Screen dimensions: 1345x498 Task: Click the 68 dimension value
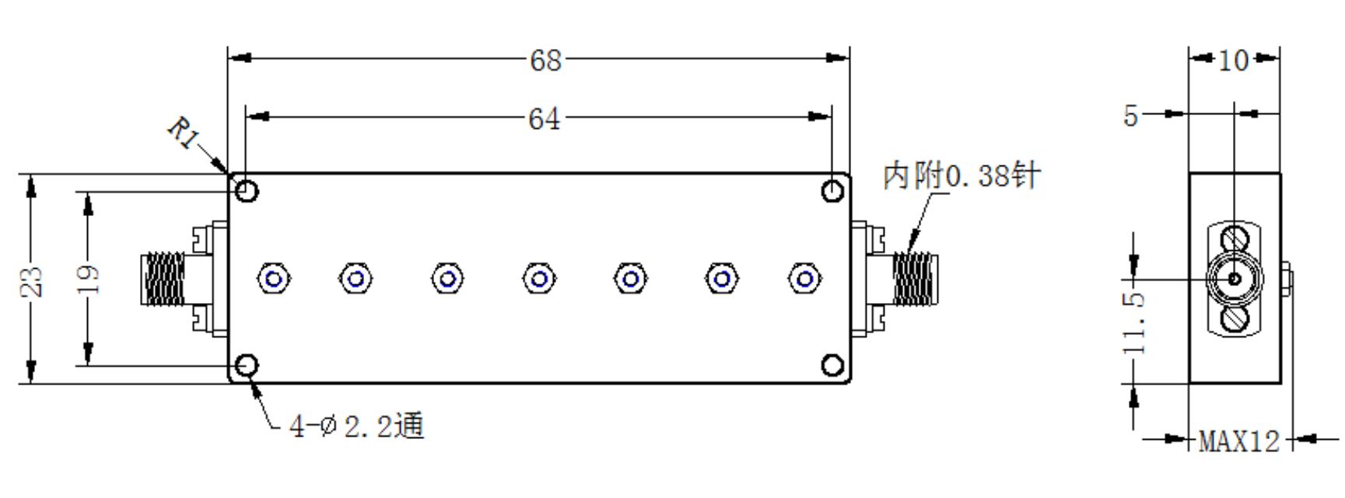pos(545,60)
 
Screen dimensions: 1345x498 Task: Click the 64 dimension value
pos(544,119)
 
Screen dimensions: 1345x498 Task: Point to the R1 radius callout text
pos(184,134)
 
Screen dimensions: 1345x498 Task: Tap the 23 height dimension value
pos(32,281)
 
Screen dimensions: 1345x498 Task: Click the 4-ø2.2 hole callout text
pos(356,426)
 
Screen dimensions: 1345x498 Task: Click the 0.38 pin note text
pos(961,176)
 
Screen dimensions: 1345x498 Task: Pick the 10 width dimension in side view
pos(1234,60)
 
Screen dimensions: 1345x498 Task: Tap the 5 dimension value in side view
pos(1131,116)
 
